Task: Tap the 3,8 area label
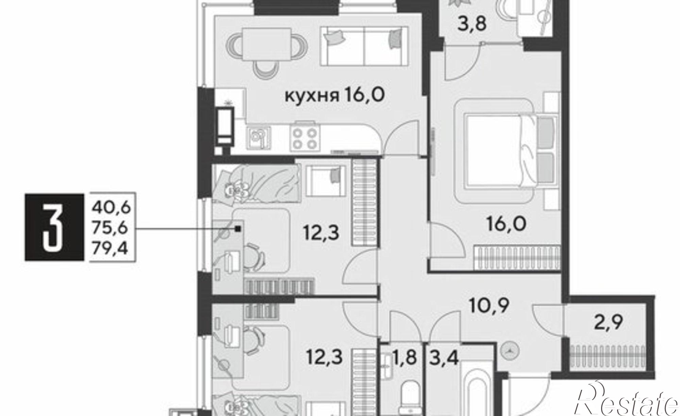473,24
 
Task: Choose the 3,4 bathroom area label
444,358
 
